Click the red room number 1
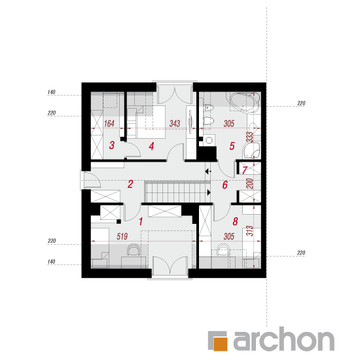pyautogui.click(x=141, y=221)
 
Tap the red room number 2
pyautogui.click(x=130, y=184)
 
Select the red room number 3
pyautogui.click(x=112, y=145)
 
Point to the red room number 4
pyautogui.click(x=151, y=146)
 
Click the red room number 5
pyautogui.click(x=232, y=146)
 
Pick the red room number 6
pyautogui.click(x=225, y=185)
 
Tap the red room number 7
pyautogui.click(x=245, y=170)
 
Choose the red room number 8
pyautogui.click(x=235, y=221)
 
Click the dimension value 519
pyautogui.click(x=122, y=236)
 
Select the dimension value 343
pyautogui.click(x=175, y=124)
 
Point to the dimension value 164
pyautogui.click(x=109, y=124)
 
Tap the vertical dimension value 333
pyautogui.click(x=250, y=137)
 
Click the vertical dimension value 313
pyautogui.click(x=250, y=231)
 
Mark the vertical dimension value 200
pyautogui.click(x=250, y=183)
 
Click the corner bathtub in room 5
pyautogui.click(x=245, y=102)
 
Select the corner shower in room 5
pyautogui.click(x=251, y=150)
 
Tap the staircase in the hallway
pyautogui.click(x=177, y=191)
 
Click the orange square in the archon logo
pyautogui.click(x=220, y=344)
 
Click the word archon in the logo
pyautogui.click(x=284, y=338)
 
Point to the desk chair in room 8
pyautogui.click(x=223, y=249)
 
